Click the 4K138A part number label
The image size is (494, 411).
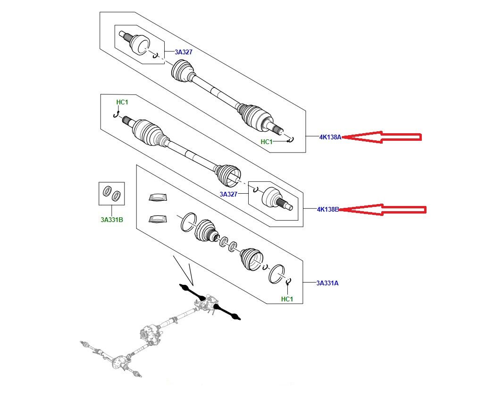(329, 137)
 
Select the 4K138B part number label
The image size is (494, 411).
(328, 209)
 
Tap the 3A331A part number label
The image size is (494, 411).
(327, 283)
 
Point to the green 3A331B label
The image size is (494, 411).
(112, 219)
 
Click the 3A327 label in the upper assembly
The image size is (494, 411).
(184, 52)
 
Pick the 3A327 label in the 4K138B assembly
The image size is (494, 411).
(228, 194)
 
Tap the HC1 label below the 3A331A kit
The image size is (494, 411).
(287, 299)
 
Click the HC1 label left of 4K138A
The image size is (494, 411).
(267, 142)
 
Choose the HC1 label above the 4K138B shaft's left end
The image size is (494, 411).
(122, 103)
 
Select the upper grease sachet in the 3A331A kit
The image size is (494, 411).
(158, 197)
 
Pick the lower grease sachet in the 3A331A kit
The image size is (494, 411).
(158, 218)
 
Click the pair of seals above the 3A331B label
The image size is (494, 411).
(112, 193)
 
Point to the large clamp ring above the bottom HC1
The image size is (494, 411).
(276, 274)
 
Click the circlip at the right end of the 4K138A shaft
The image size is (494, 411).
(291, 138)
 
